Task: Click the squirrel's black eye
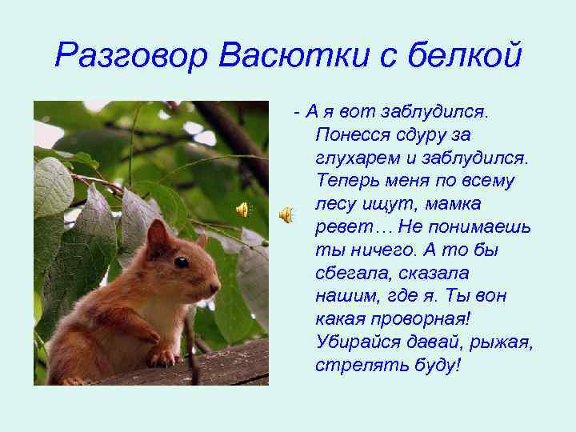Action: (x=182, y=262)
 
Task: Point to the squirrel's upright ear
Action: (x=158, y=234)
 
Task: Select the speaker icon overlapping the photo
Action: (x=242, y=210)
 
